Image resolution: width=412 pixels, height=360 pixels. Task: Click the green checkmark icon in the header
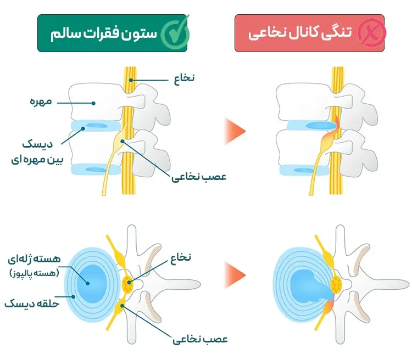point(175,33)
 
